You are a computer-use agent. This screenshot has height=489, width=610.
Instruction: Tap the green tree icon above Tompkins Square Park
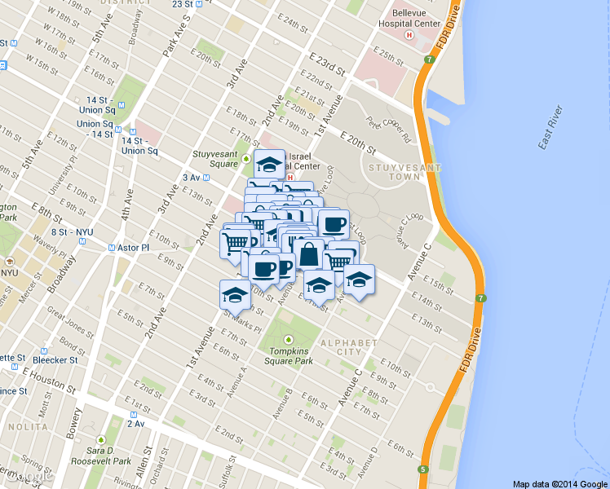pyautogui.click(x=287, y=340)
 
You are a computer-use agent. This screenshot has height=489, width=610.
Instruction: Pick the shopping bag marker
pyautogui.click(x=310, y=254)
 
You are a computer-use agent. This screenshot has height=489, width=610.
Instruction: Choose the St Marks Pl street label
pyautogui.click(x=245, y=322)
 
